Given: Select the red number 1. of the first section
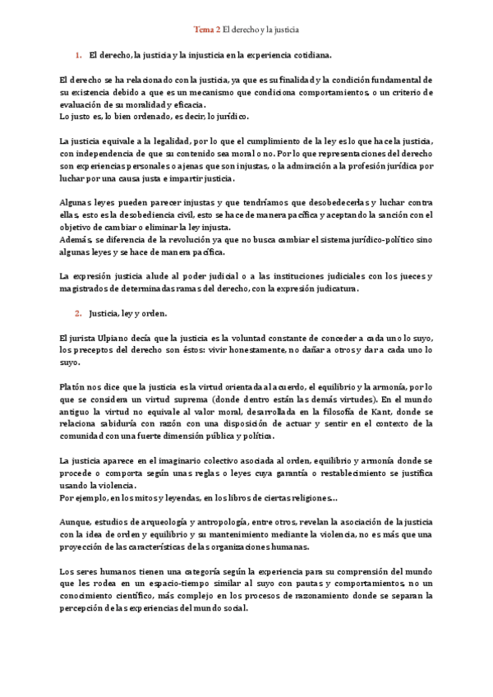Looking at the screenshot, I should (x=78, y=55).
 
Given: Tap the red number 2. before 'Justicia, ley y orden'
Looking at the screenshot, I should (x=78, y=313).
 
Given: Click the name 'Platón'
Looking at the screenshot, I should (x=75, y=383).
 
